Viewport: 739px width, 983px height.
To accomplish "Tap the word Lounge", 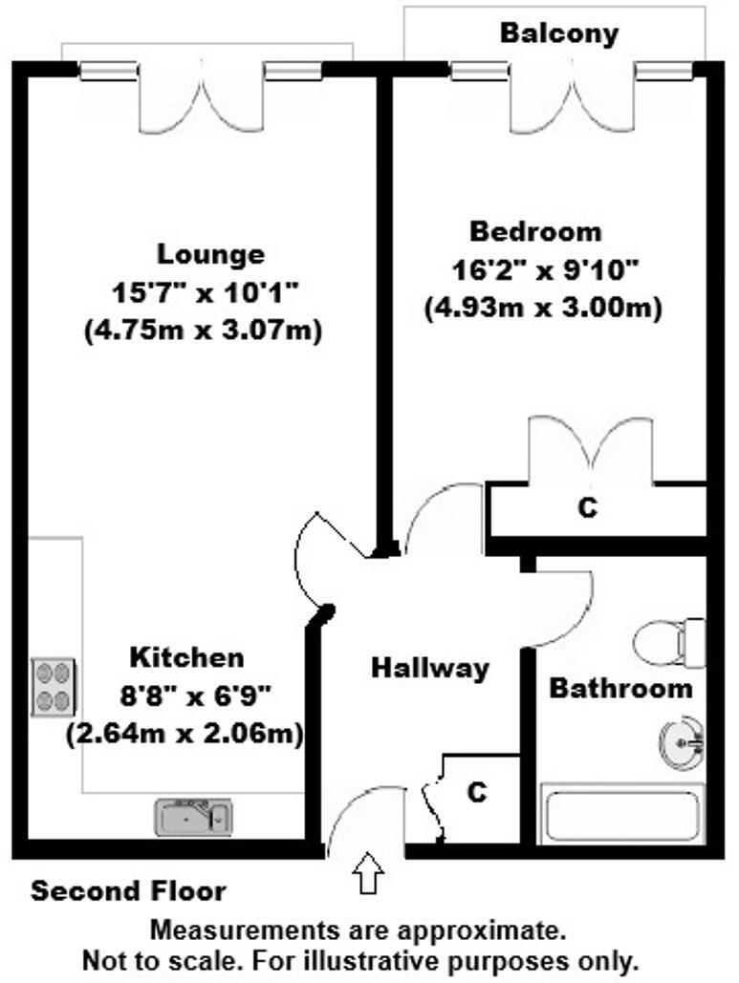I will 210,255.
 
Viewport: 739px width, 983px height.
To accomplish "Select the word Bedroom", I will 535,231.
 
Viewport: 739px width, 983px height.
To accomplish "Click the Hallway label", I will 430,668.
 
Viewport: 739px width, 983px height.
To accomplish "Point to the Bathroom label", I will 620,688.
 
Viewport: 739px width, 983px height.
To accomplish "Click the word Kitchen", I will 186,657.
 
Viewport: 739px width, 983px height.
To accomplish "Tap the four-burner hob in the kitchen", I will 54,687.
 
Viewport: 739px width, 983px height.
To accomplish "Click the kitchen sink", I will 194,817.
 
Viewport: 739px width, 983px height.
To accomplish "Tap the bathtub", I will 621,814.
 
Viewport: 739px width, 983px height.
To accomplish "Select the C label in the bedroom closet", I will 587,508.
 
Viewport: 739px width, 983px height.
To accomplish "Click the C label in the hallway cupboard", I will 477,792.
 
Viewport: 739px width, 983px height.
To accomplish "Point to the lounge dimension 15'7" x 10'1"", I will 206,292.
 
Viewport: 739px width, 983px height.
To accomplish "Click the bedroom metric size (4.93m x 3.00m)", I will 543,309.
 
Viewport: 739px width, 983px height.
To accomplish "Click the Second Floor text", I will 129,892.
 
